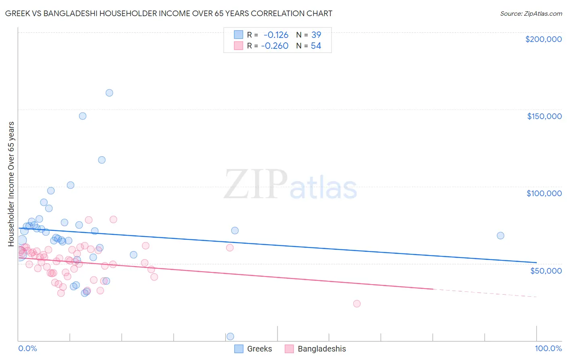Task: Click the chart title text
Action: click(x=169, y=13)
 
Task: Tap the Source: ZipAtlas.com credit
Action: click(x=531, y=13)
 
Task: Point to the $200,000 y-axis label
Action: click(x=543, y=39)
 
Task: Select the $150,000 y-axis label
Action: click(x=544, y=116)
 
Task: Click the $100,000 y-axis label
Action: click(x=544, y=193)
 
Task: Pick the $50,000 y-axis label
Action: click(x=546, y=270)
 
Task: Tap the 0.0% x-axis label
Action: click(x=27, y=348)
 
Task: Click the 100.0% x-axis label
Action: click(x=548, y=348)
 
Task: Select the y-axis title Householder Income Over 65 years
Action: click(x=11, y=184)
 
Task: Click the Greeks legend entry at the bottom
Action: click(x=259, y=349)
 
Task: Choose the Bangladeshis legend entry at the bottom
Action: click(x=321, y=349)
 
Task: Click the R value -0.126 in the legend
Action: click(x=276, y=35)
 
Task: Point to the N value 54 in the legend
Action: click(x=316, y=46)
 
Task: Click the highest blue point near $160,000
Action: click(x=109, y=93)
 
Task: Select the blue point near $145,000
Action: click(x=83, y=116)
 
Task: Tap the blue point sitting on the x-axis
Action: click(x=230, y=336)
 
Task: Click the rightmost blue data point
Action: click(x=500, y=236)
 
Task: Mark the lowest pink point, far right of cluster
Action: click(x=357, y=303)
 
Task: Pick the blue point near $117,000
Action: click(x=102, y=160)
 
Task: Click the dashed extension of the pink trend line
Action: click(x=484, y=293)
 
